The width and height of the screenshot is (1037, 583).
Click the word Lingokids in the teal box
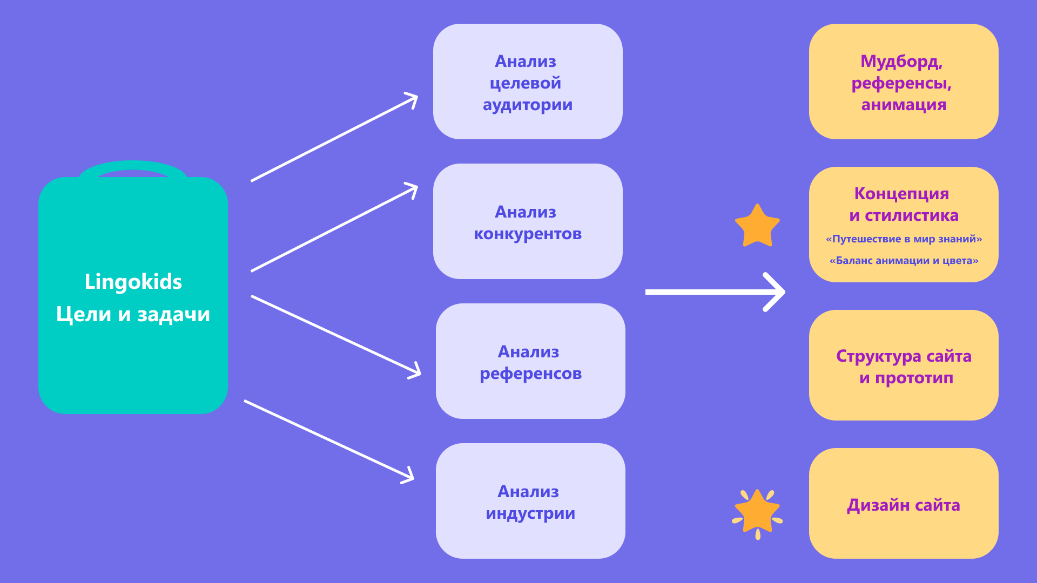(133, 282)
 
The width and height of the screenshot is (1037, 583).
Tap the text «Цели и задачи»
(133, 314)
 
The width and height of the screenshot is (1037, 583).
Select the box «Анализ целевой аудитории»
(528, 82)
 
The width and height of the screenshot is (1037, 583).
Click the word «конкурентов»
(528, 234)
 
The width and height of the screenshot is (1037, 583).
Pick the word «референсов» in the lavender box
(530, 374)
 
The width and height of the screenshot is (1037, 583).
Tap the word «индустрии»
(530, 513)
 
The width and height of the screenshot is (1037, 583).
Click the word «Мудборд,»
(901, 62)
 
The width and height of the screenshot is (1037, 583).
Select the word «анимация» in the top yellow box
(904, 105)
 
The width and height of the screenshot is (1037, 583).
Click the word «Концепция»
(901, 193)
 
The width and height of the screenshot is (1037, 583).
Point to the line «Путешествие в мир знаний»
(904, 239)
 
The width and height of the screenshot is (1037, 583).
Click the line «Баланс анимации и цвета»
(904, 261)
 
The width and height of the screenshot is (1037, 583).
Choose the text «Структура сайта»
(904, 356)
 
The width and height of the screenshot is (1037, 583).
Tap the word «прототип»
(914, 378)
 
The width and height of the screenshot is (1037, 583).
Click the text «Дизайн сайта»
(904, 505)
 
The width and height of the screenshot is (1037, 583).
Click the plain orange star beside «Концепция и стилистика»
(757, 226)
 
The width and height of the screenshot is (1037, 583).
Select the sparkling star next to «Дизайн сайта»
(757, 513)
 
